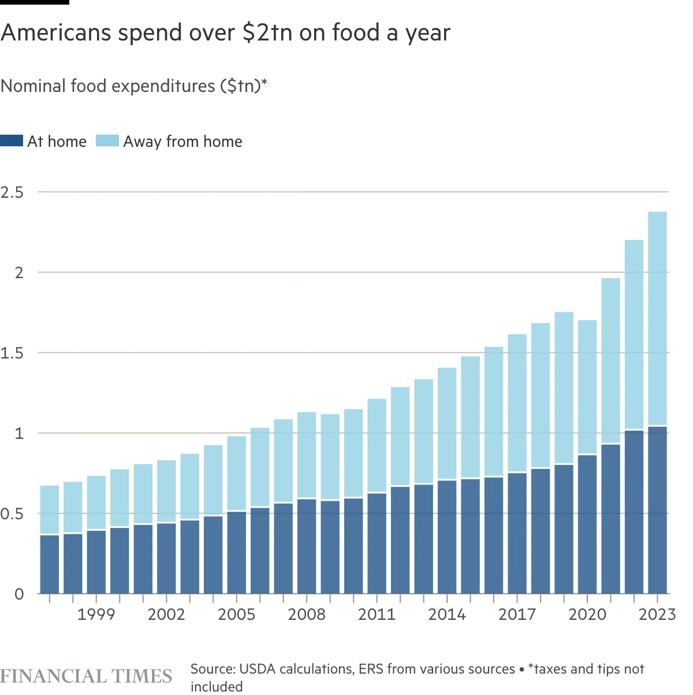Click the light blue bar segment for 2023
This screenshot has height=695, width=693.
(x=657, y=319)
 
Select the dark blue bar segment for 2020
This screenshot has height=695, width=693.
(x=587, y=524)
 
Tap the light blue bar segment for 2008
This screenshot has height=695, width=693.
(x=307, y=455)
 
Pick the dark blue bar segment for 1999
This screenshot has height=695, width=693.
(x=96, y=561)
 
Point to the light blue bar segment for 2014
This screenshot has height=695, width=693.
(x=447, y=424)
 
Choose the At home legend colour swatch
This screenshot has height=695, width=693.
(x=12, y=141)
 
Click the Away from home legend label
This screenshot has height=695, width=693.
(x=182, y=142)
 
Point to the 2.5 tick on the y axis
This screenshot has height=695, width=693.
(x=12, y=192)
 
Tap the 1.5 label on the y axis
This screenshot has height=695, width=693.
(x=12, y=353)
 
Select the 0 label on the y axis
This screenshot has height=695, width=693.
(x=20, y=594)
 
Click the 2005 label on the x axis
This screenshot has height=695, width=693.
(x=236, y=614)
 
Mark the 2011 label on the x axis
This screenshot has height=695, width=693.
(x=377, y=614)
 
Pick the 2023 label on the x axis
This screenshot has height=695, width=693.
(x=657, y=614)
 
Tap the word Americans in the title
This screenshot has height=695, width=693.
(x=57, y=33)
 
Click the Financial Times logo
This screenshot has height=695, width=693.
(x=86, y=676)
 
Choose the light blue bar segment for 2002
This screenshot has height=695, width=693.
(x=166, y=491)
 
